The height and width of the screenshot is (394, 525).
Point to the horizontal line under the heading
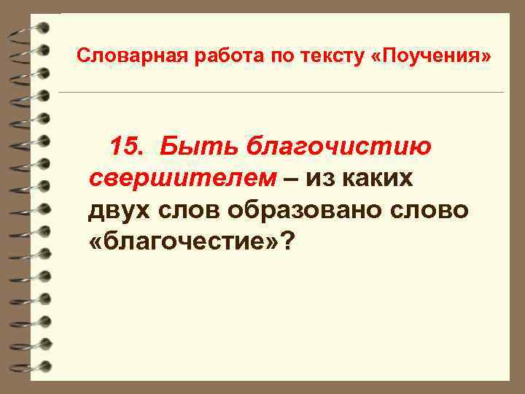point(281,93)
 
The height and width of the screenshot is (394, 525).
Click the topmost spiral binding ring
point(29,30)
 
